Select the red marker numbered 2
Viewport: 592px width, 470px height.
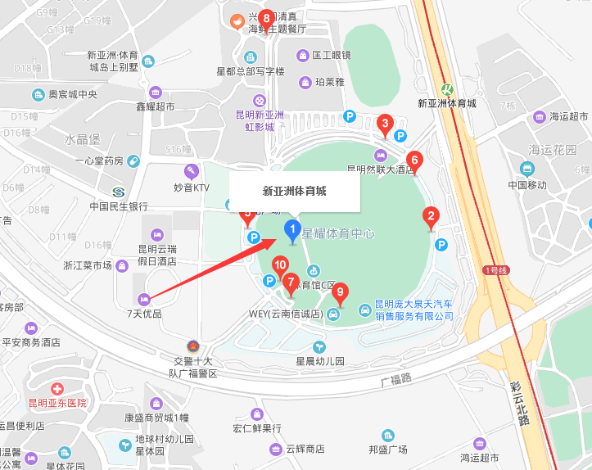click(x=429, y=218)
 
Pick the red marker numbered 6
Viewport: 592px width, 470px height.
click(x=414, y=161)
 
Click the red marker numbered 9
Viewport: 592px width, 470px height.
click(x=341, y=291)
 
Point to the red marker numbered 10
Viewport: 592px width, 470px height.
click(x=280, y=266)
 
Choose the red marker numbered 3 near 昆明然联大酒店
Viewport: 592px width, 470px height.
click(x=383, y=125)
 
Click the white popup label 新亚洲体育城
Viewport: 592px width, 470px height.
click(x=294, y=192)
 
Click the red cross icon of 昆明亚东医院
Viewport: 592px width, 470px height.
click(x=57, y=388)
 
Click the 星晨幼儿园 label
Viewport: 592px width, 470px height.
click(x=320, y=360)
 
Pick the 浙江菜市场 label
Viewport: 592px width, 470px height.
click(x=88, y=265)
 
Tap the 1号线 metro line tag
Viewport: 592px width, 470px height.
click(x=496, y=269)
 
